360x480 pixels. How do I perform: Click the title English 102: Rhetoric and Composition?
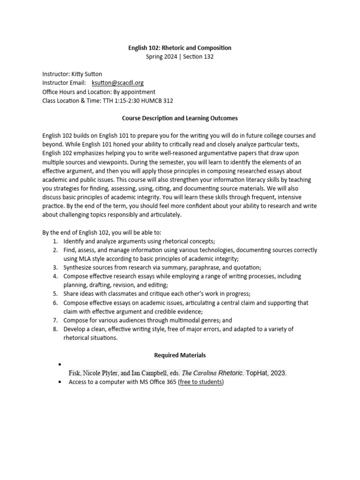(x=180, y=48)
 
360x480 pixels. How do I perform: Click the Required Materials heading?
(x=180, y=355)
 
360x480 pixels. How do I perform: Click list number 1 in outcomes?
(x=55, y=241)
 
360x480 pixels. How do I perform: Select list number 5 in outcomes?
(x=55, y=294)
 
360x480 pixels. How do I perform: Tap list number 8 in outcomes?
(x=55, y=329)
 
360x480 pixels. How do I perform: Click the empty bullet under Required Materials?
(x=59, y=365)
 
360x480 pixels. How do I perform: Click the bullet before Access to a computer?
(x=59, y=382)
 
